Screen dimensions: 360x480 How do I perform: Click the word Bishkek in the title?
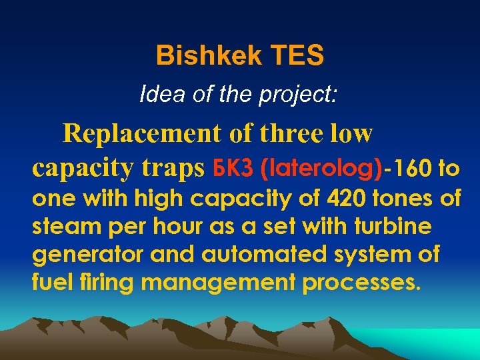click(200, 56)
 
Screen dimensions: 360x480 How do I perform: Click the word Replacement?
click(142, 133)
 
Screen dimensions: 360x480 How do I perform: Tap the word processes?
click(361, 283)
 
